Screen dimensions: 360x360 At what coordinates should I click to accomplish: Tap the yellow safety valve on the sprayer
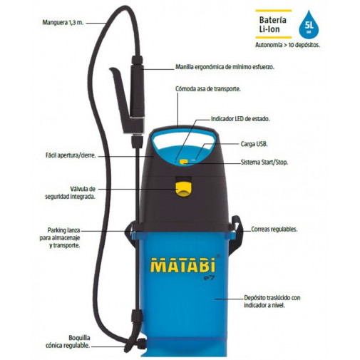[x=184, y=188]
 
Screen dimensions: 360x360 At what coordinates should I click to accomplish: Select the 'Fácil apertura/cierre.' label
[x=68, y=155]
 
